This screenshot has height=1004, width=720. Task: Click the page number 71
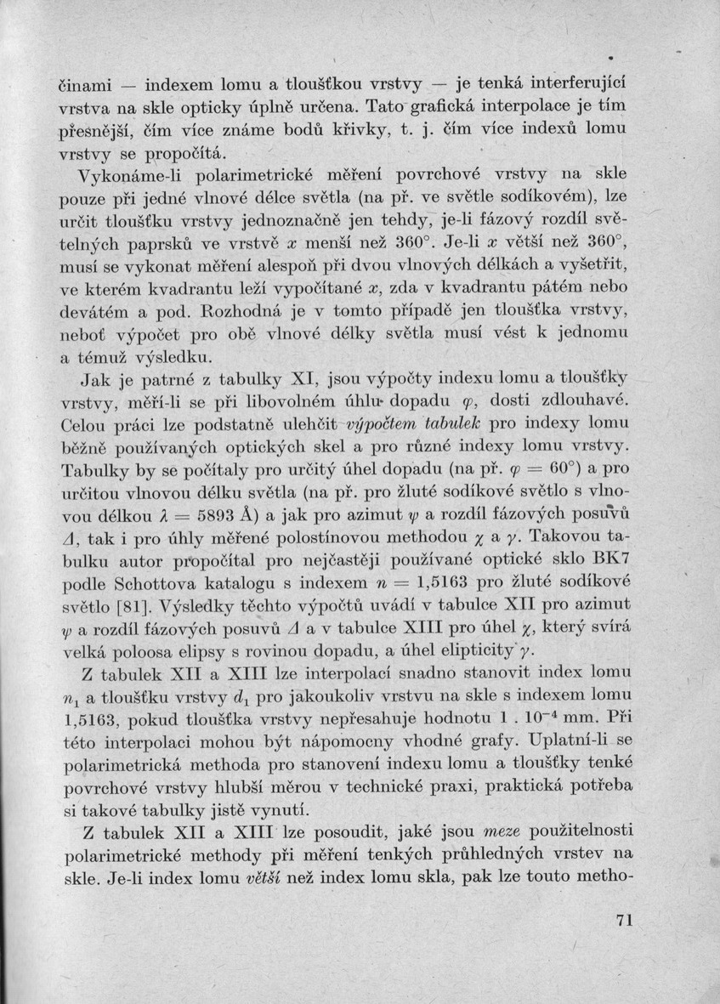625,921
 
